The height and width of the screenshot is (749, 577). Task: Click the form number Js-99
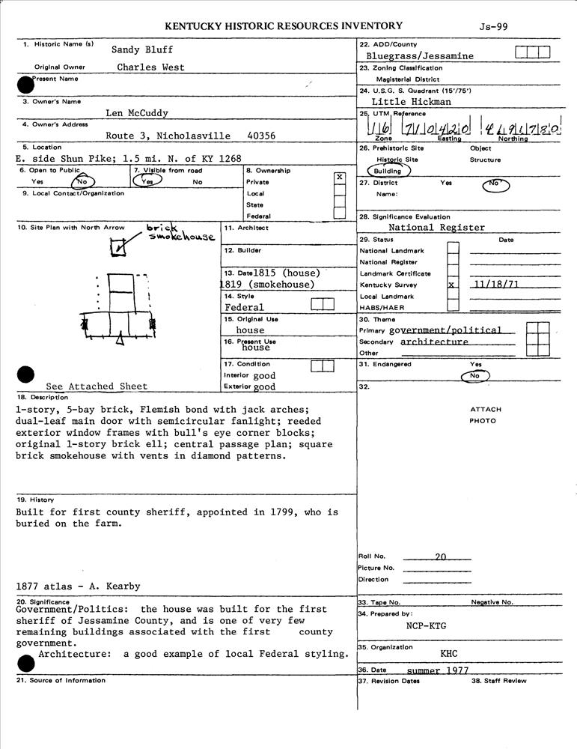click(494, 26)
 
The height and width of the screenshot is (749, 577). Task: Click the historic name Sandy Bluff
click(142, 49)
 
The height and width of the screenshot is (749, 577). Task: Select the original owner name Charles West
click(150, 67)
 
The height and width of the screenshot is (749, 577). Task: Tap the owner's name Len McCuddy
click(136, 113)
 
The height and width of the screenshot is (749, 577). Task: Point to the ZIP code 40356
click(261, 136)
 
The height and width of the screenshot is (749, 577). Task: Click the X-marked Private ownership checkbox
click(340, 177)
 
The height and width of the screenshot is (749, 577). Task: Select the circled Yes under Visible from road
click(148, 181)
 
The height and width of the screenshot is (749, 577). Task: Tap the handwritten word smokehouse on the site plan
click(182, 237)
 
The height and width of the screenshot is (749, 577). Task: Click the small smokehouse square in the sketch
click(118, 246)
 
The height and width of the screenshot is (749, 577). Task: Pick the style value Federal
click(244, 307)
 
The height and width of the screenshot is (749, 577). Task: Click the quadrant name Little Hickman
click(411, 101)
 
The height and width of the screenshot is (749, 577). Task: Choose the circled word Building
click(388, 171)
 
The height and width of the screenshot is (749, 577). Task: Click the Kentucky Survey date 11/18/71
click(495, 285)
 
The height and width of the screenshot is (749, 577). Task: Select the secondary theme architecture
click(434, 342)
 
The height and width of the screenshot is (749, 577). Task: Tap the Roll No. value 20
click(440, 557)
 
